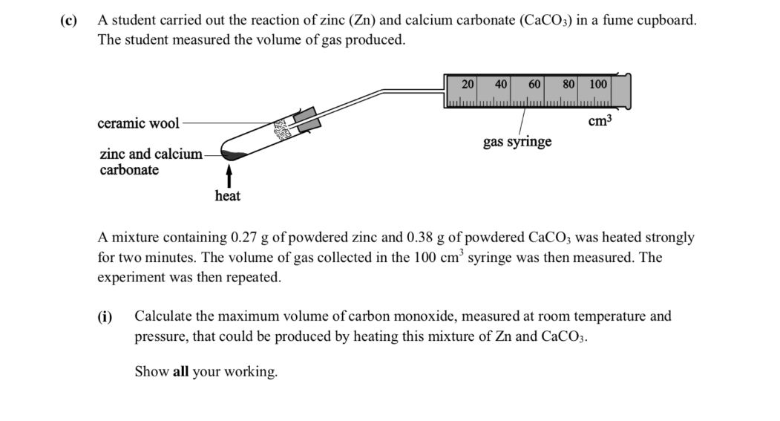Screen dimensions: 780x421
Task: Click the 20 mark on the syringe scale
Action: click(x=468, y=84)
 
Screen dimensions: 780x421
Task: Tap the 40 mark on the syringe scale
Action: click(x=501, y=84)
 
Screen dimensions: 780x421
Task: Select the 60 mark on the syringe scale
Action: click(x=534, y=84)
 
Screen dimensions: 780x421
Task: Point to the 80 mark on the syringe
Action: click(x=568, y=84)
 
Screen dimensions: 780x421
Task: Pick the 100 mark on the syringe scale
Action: click(x=598, y=84)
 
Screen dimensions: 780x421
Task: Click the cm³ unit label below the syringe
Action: click(x=600, y=120)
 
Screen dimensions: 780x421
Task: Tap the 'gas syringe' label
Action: click(x=517, y=142)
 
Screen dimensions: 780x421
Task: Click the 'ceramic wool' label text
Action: click(x=138, y=123)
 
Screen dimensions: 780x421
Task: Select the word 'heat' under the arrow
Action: click(x=227, y=195)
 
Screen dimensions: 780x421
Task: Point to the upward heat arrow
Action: click(x=229, y=176)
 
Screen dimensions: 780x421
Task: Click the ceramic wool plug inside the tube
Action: click(x=284, y=129)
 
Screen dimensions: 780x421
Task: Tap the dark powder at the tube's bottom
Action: click(x=233, y=155)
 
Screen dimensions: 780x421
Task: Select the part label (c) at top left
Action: click(x=69, y=20)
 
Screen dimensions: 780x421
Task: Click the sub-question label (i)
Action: click(x=105, y=316)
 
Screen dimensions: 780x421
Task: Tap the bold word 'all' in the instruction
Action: click(x=180, y=372)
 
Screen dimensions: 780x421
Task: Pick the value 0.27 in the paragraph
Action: click(x=243, y=238)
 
